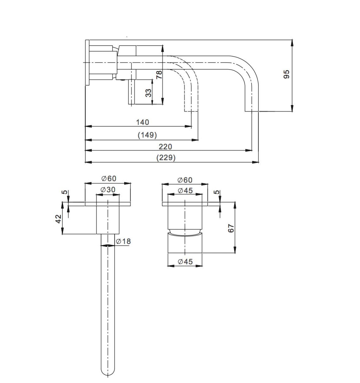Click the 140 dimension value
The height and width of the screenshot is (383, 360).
click(x=143, y=122)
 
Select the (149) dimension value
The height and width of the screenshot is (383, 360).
click(x=147, y=135)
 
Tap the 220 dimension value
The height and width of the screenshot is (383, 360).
click(x=165, y=147)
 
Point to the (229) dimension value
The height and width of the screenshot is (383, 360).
click(x=166, y=158)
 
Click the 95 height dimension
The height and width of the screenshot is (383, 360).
click(x=287, y=74)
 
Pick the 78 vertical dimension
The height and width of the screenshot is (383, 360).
click(x=159, y=75)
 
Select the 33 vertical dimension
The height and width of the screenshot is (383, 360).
click(x=148, y=93)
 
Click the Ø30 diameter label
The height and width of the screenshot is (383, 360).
click(x=108, y=190)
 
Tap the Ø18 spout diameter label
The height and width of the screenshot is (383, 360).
click(x=123, y=241)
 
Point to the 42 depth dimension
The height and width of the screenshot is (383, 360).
click(x=58, y=219)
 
